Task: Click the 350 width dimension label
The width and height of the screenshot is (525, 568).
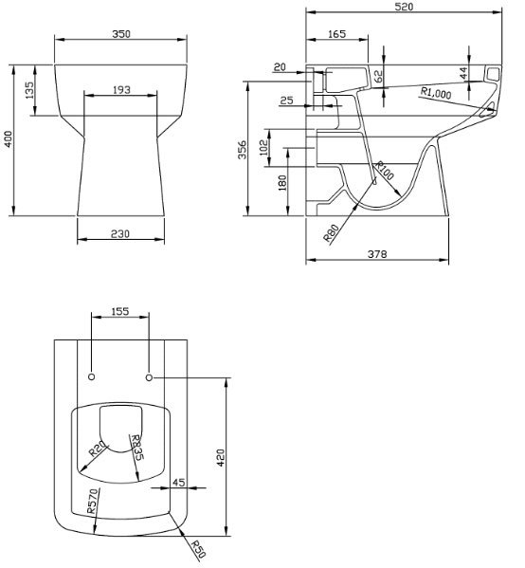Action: click(121, 34)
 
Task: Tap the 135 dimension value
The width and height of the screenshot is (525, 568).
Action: click(29, 90)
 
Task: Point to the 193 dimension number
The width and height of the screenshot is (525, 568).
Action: click(121, 90)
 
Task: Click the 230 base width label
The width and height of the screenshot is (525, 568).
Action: click(119, 234)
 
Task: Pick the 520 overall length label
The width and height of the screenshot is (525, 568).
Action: click(404, 7)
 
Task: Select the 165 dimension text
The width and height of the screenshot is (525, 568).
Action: click(336, 34)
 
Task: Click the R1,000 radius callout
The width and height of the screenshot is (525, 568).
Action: click(436, 93)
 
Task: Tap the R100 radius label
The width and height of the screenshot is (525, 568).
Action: click(384, 171)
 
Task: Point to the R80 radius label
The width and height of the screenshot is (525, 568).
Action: click(332, 233)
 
